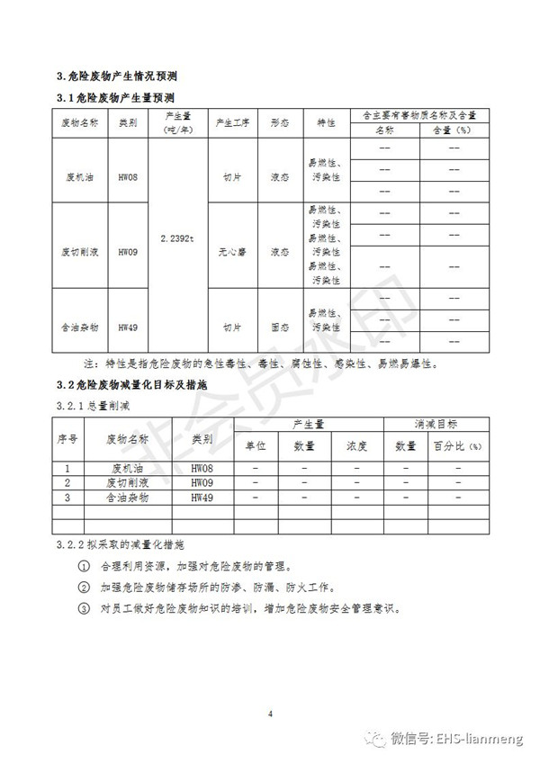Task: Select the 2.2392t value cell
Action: (176, 238)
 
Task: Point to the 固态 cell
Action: (280, 328)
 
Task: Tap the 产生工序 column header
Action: (232, 122)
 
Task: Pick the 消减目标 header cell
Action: (436, 423)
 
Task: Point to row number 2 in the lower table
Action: (67, 482)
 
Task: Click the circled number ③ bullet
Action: (84, 606)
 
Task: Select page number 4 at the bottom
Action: (269, 714)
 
